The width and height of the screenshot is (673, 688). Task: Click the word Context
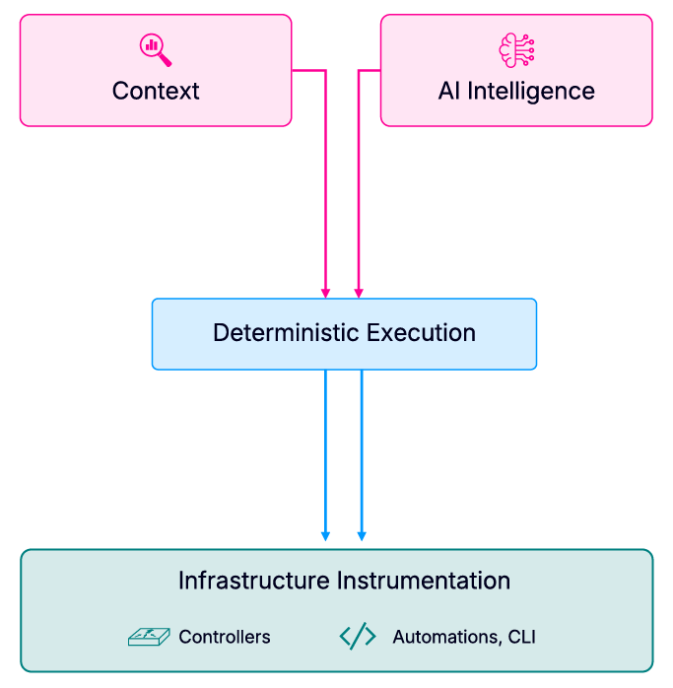pyautogui.click(x=156, y=91)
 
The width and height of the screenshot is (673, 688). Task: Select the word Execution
pyautogui.click(x=421, y=332)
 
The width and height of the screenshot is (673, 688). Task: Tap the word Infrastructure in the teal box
pyautogui.click(x=254, y=581)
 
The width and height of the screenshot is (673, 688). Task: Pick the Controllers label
pyautogui.click(x=225, y=637)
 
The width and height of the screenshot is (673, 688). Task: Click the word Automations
pyautogui.click(x=444, y=637)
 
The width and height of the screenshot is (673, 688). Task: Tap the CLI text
pyautogui.click(x=521, y=637)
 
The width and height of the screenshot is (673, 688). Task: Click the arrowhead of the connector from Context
pyautogui.click(x=325, y=292)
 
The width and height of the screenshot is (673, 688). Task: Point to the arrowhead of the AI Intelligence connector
pyautogui.click(x=359, y=292)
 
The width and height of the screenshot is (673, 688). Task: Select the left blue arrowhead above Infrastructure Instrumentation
pyautogui.click(x=325, y=536)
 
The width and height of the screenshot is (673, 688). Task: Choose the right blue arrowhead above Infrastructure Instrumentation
pyautogui.click(x=362, y=536)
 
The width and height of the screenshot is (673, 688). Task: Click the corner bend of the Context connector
pyautogui.click(x=325, y=71)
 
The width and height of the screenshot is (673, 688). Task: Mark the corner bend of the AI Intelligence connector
pyautogui.click(x=359, y=71)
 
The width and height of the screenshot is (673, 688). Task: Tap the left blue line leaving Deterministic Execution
pyautogui.click(x=325, y=444)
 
